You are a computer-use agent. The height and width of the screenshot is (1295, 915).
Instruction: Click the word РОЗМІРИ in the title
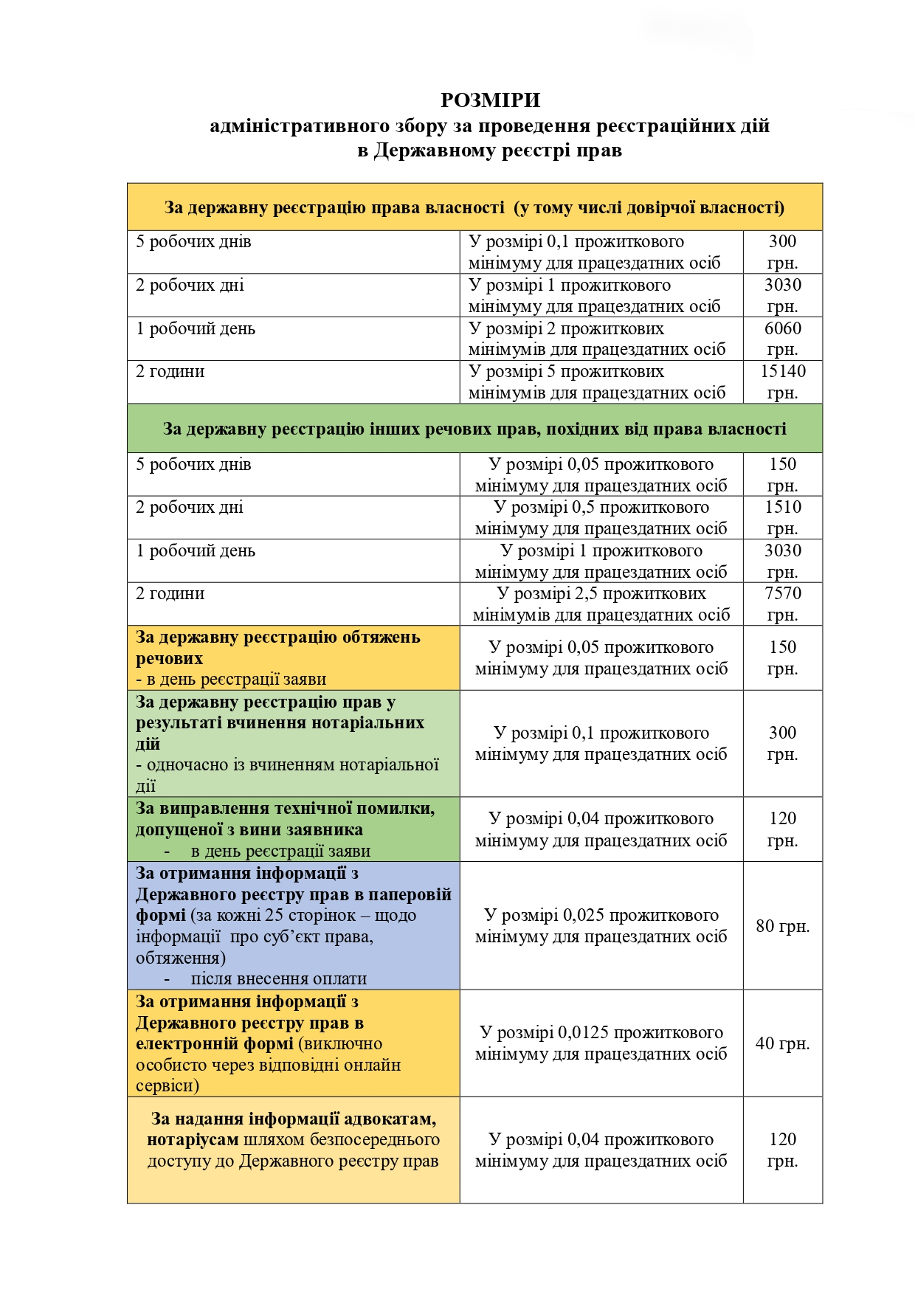click(x=491, y=100)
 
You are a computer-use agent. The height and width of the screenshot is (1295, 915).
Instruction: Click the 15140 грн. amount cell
click(x=782, y=381)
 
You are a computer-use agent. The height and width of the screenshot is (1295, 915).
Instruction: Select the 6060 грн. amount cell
click(x=782, y=339)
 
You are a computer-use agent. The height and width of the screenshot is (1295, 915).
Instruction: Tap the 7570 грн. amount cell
click(x=782, y=604)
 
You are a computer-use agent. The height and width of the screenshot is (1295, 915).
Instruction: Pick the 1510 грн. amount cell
click(x=782, y=517)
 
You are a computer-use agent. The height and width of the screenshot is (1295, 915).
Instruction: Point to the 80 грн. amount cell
click(x=782, y=925)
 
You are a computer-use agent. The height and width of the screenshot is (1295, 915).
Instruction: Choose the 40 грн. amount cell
click(x=782, y=1043)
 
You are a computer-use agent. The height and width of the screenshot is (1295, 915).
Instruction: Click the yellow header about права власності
click(x=474, y=207)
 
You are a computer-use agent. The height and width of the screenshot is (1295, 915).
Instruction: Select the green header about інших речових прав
click(x=474, y=429)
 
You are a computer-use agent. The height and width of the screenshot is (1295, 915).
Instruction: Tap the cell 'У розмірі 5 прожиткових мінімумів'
click(x=601, y=381)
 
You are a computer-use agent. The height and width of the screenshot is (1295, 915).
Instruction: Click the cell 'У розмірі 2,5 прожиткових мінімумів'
click(x=601, y=604)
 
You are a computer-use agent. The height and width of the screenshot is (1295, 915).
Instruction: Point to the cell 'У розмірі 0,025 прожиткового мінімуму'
click(x=601, y=925)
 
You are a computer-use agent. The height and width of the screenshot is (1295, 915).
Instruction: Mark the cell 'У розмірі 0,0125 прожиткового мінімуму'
click(x=601, y=1043)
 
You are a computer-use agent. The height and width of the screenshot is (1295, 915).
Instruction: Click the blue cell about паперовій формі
click(x=293, y=925)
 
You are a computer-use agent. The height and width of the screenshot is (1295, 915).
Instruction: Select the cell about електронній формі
click(x=293, y=1043)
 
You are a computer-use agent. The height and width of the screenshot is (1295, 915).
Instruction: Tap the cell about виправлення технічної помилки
click(x=293, y=829)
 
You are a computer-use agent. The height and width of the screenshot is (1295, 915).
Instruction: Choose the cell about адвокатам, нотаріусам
click(x=293, y=1150)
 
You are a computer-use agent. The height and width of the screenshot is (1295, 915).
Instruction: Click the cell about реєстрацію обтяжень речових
click(x=293, y=657)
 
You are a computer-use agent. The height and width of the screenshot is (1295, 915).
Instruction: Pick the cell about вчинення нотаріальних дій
click(x=293, y=743)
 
